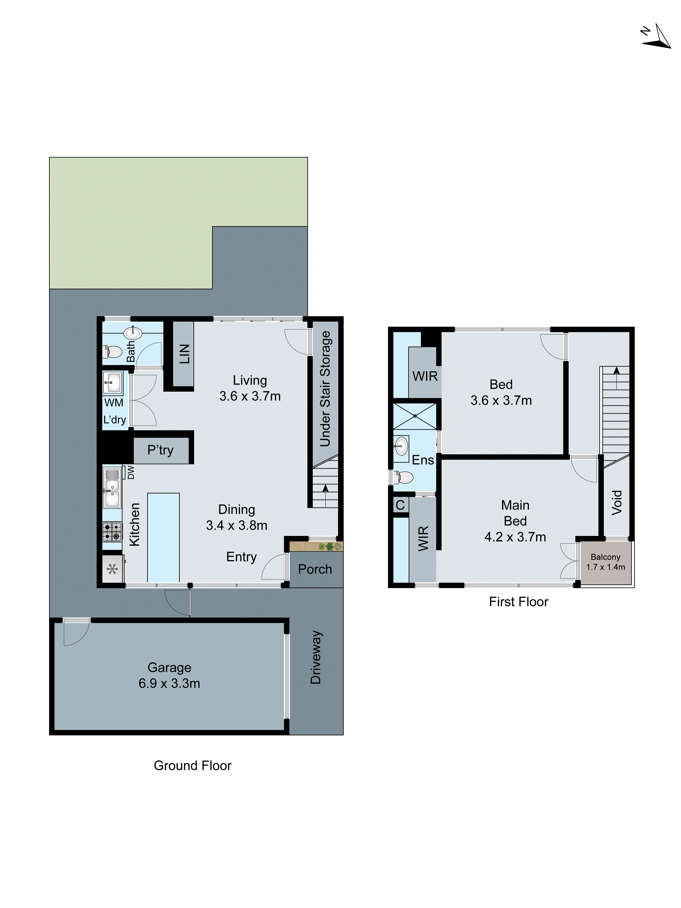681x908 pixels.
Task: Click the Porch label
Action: (x=315, y=569)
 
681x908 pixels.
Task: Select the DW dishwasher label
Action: (x=131, y=472)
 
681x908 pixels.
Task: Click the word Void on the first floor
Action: (x=617, y=502)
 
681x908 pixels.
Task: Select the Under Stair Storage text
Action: (x=325, y=388)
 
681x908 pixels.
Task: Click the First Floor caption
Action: (x=518, y=602)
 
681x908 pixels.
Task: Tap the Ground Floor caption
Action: (x=192, y=766)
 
